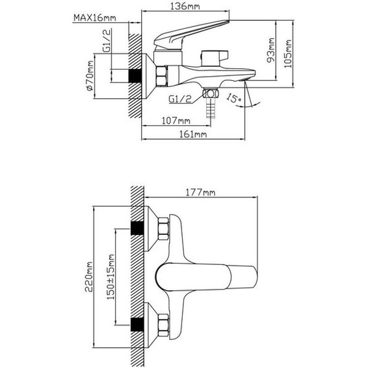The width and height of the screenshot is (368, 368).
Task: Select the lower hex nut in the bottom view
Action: pyautogui.click(x=164, y=323)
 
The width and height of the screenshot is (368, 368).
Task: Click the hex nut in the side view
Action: pyautogui.click(x=162, y=77)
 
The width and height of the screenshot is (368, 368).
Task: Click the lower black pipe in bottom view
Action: pyautogui.click(x=136, y=323)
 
